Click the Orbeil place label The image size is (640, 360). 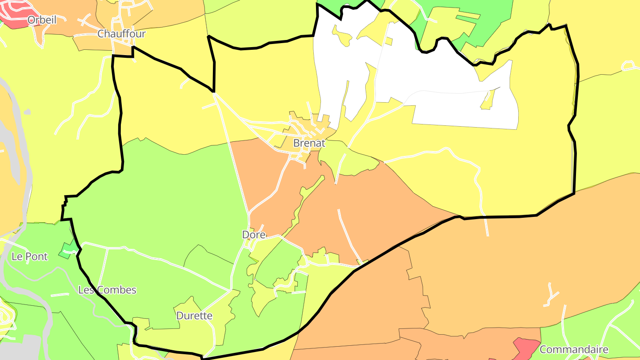[x=42, y=20]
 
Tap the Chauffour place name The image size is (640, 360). [x=121, y=34]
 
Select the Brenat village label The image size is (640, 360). [x=309, y=144]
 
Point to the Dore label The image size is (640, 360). [x=254, y=235]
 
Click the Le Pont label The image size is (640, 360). [x=29, y=256]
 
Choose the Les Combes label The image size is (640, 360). [x=107, y=290]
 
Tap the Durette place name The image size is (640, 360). [x=194, y=316]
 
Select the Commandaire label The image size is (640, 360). [x=574, y=349]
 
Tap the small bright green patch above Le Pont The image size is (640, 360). [x=68, y=249]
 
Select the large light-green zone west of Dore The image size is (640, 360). [x=169, y=200]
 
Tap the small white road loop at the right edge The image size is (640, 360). [x=628, y=66]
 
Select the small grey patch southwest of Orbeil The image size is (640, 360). [x=28, y=112]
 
